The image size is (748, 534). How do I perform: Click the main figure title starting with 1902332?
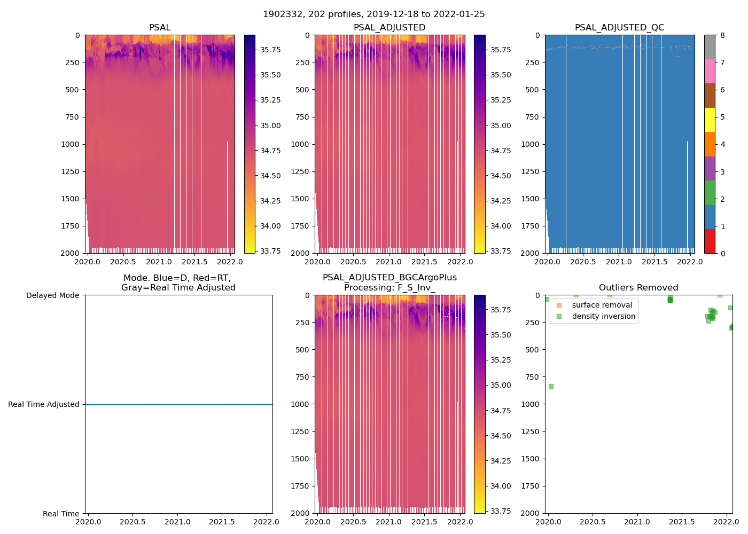pos(373,14)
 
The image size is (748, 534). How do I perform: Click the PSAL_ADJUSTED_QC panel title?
pos(619,28)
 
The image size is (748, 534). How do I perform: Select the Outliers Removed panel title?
pos(638,288)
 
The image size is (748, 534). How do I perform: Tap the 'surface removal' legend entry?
pos(602,305)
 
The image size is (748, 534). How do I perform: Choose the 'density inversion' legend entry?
pos(603,316)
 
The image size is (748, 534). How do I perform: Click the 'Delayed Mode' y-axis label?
pos(52,295)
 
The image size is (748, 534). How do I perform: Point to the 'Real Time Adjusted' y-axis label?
pos(43,404)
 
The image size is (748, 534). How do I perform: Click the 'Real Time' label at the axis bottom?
pos(61,514)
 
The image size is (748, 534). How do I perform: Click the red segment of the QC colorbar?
pos(710,241)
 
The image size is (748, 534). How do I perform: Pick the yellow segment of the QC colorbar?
pos(710,120)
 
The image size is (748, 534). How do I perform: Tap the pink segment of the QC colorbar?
pos(710,71)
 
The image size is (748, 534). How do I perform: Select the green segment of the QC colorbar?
pos(710,192)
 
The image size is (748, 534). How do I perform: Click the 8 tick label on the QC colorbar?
pos(722,35)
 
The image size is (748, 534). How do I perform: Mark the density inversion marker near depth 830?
pos(551,386)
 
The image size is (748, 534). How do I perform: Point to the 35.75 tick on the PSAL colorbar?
pos(270,50)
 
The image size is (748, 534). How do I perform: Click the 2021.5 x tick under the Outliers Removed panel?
pos(682,522)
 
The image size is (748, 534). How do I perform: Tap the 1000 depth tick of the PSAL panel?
pos(72,144)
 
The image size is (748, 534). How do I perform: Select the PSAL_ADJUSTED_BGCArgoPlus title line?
pos(389,278)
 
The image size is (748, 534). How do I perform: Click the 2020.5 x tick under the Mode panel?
pos(133,522)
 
